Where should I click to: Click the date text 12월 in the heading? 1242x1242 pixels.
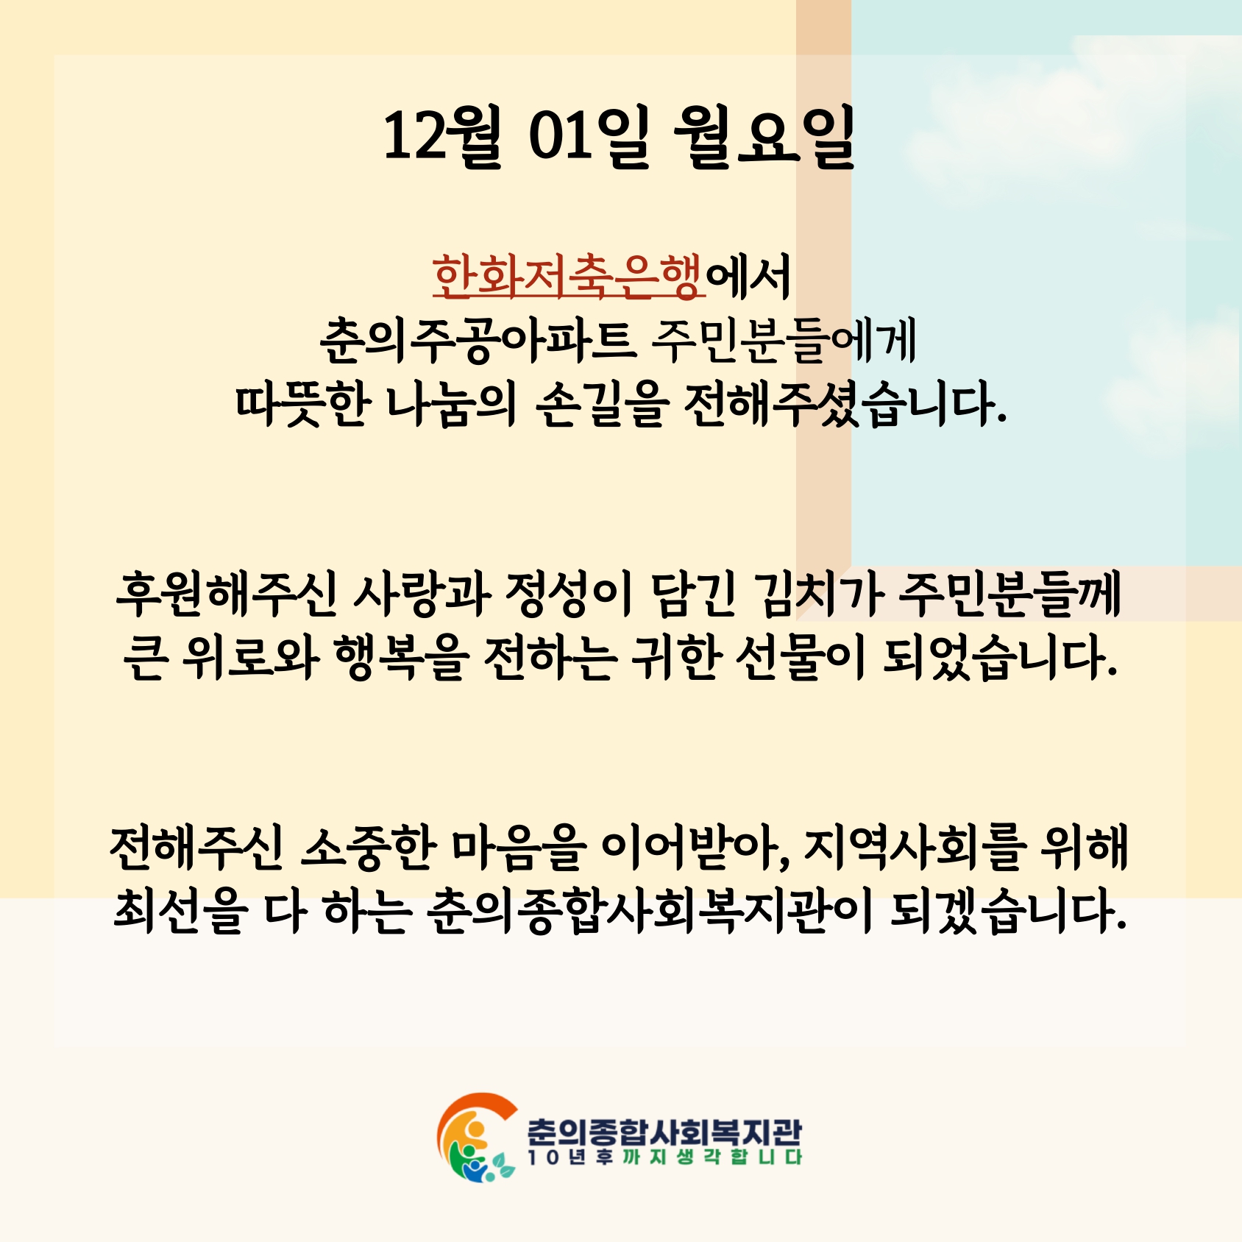(x=442, y=137)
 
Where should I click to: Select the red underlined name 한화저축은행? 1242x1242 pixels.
(x=568, y=277)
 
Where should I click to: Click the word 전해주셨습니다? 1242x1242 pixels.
(x=844, y=405)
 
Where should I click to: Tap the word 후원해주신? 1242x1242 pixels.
(x=227, y=594)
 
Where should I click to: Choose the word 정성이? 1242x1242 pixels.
(x=569, y=594)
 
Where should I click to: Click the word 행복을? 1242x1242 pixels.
(x=401, y=657)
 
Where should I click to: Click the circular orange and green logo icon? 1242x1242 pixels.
(x=475, y=1138)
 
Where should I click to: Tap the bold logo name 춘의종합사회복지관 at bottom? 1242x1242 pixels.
(x=664, y=1130)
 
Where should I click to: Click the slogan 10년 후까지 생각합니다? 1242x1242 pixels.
(x=664, y=1157)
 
